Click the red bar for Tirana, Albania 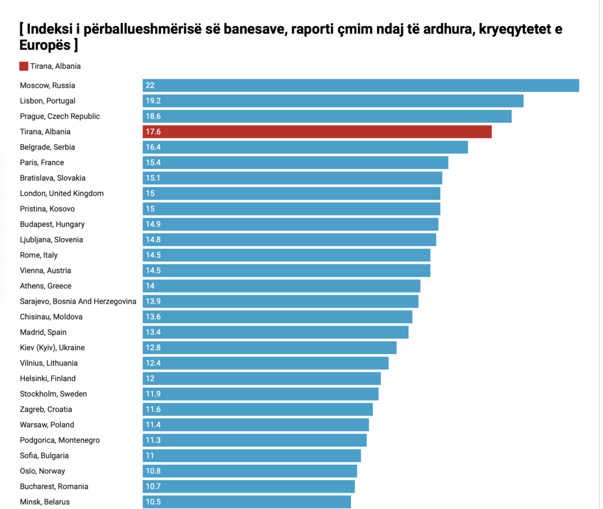tap(317, 131)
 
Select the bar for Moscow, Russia tap(360, 85)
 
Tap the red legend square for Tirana tap(24, 66)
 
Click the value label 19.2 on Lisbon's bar tap(153, 101)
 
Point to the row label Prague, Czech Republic tap(59, 116)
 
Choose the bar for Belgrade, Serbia tap(305, 147)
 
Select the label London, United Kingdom tap(61, 193)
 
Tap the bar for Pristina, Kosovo tap(291, 209)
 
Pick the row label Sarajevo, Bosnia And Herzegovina tap(78, 301)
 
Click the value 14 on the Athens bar tap(150, 286)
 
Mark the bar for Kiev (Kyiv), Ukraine tap(269, 348)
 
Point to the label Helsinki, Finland tap(48, 378)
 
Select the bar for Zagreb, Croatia tap(257, 410)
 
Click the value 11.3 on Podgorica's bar tap(153, 440)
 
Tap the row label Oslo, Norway tap(42, 471)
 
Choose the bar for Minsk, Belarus tap(246, 502)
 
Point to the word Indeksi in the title tap(49, 29)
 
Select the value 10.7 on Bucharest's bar tap(153, 487)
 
